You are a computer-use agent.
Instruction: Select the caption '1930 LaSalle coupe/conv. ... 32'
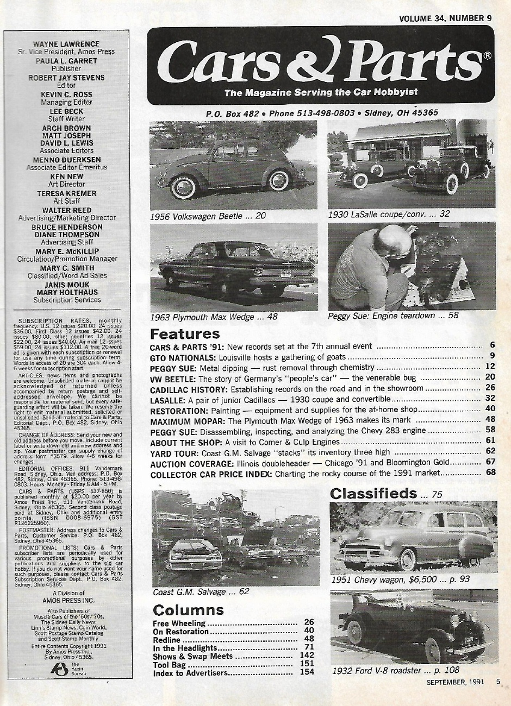point(389,214)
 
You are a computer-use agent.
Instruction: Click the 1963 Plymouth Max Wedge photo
point(233,266)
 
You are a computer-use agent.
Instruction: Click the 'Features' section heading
point(185,333)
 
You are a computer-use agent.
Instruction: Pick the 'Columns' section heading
point(188,609)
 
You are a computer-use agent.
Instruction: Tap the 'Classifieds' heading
point(373,493)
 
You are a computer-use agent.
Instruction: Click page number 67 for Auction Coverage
point(490,462)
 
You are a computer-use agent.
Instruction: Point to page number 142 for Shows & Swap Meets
point(307,655)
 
